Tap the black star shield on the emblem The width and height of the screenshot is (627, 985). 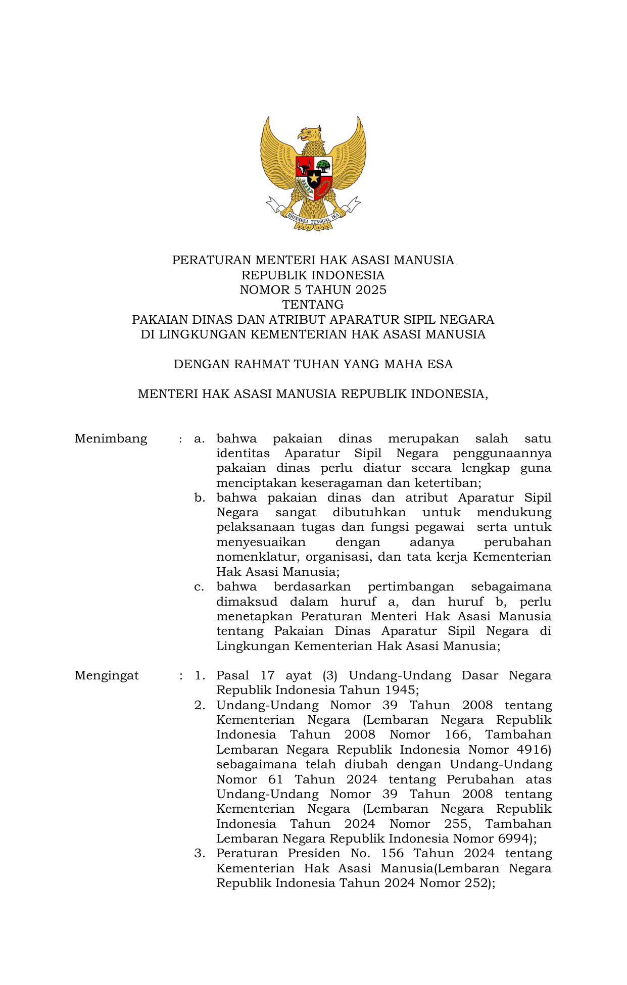pyautogui.click(x=314, y=178)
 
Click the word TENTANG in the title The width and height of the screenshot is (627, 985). pyautogui.click(x=313, y=305)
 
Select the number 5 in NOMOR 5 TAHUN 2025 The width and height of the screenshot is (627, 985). pyautogui.click(x=298, y=290)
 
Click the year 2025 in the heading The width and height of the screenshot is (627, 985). pyautogui.click(x=370, y=290)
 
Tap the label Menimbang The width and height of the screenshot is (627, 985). pyautogui.click(x=111, y=438)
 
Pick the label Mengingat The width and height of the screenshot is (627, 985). pyautogui.click(x=107, y=675)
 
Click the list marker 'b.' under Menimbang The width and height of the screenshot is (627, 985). pyautogui.click(x=200, y=498)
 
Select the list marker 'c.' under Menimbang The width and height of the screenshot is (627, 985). pyautogui.click(x=200, y=587)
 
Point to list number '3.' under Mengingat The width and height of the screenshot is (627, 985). pyautogui.click(x=200, y=854)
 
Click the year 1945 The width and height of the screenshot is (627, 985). pyautogui.click(x=401, y=691)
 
